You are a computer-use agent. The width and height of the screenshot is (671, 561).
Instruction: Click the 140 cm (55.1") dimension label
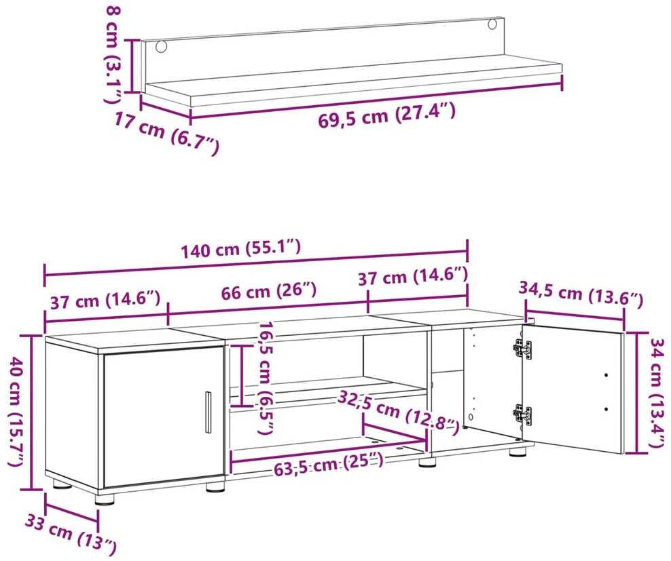pyautogui.click(x=241, y=249)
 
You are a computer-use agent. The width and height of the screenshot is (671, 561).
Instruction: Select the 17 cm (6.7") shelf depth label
pyautogui.click(x=166, y=132)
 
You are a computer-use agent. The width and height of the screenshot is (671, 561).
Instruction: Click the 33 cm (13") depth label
pyautogui.click(x=70, y=533)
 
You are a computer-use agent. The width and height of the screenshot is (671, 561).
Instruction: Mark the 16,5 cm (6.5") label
pyautogui.click(x=266, y=378)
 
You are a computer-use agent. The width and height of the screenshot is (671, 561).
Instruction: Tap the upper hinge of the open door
pyautogui.click(x=522, y=349)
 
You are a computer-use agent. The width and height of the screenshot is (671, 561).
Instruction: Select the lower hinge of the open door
pyautogui.click(x=522, y=414)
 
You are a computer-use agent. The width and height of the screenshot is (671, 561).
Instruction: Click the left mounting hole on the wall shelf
pyautogui.click(x=162, y=47)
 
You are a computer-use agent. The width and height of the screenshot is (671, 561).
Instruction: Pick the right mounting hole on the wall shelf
pyautogui.click(x=492, y=24)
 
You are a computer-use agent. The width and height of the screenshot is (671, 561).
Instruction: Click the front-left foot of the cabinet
pyautogui.click(x=105, y=499)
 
